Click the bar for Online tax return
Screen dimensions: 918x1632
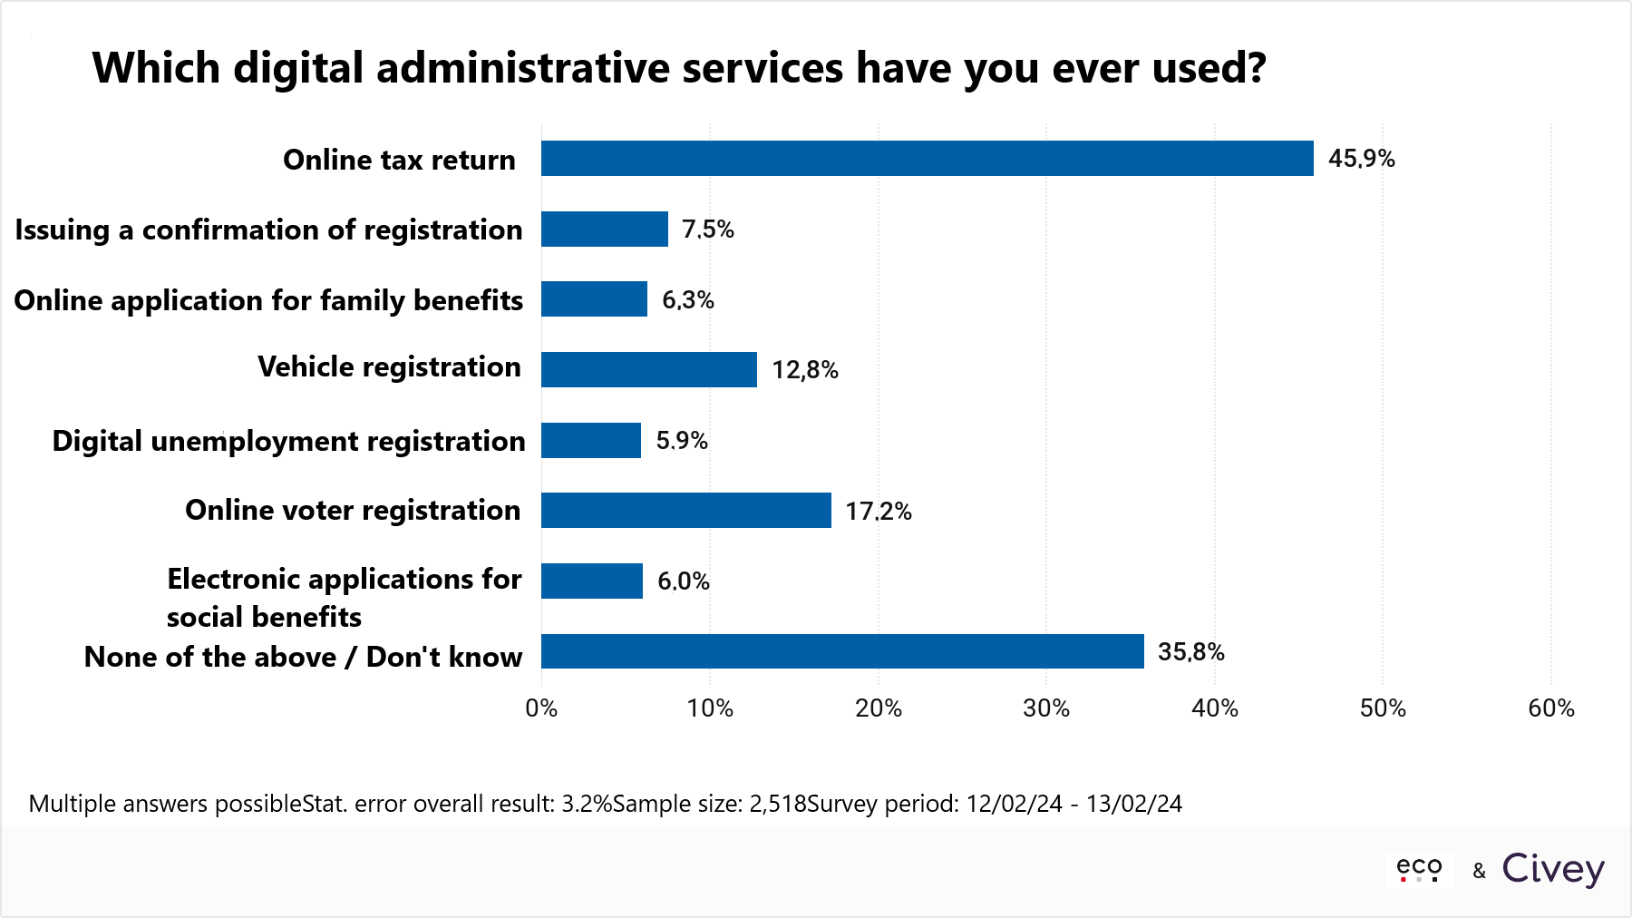point(927,158)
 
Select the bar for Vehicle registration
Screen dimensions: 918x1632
point(648,369)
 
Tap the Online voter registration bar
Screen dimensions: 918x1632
point(685,510)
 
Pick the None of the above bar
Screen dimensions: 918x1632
point(842,651)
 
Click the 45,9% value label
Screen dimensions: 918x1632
point(1361,159)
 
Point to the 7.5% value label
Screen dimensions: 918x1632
point(707,229)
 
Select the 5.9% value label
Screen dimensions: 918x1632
point(681,441)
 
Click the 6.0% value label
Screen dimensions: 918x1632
point(683,581)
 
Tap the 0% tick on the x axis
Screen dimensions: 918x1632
point(541,708)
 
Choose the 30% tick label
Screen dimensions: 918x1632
point(1046,708)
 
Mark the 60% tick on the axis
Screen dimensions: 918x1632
point(1550,708)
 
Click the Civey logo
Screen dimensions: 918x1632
point(1552,869)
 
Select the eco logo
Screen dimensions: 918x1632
point(1419,869)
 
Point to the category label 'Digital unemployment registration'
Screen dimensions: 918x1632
point(288,441)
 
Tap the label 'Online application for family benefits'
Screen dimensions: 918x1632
point(268,300)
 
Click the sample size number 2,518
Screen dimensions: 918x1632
point(777,804)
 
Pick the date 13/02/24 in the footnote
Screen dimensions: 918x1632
point(1133,804)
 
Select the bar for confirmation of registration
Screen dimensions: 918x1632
point(604,229)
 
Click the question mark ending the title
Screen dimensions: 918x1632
point(1256,69)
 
